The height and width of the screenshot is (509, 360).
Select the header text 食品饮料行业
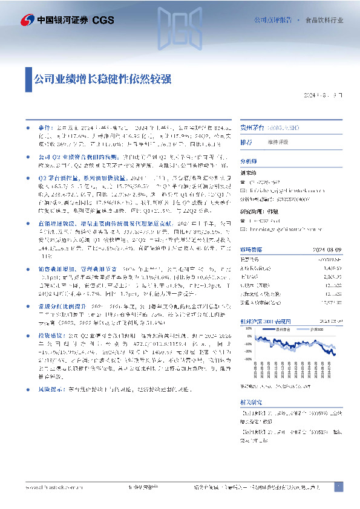(x=324, y=20)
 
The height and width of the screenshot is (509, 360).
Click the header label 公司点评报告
(x=275, y=20)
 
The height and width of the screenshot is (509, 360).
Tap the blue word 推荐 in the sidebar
(x=246, y=142)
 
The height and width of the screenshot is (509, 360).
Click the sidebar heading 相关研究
(x=250, y=400)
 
